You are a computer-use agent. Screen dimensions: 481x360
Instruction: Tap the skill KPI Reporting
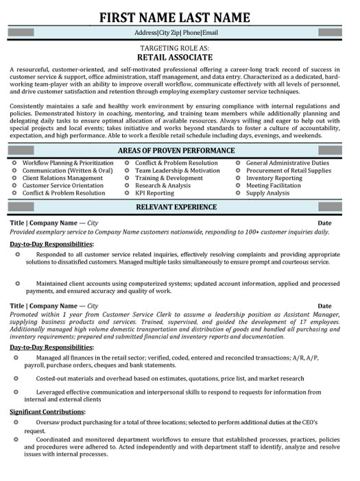coord(154,193)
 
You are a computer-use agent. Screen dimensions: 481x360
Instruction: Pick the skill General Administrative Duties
coord(287,163)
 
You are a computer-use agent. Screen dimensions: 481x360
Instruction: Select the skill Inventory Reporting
coord(274,178)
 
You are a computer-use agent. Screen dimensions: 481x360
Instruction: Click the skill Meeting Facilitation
coord(274,186)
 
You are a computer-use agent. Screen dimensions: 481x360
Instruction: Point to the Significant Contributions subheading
coord(47,412)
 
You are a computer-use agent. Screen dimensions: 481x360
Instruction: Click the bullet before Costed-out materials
coord(17,378)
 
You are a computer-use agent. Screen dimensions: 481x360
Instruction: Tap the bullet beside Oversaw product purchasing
coord(17,423)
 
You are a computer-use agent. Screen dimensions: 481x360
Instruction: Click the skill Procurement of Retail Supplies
coord(289,171)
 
